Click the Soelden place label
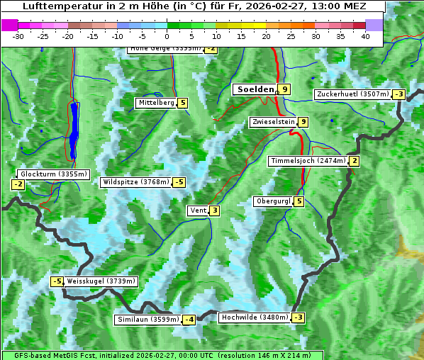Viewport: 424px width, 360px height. (254, 89)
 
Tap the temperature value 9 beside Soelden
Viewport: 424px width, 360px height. (284, 89)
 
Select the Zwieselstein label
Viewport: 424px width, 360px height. (273, 122)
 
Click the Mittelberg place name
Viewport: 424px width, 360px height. (156, 103)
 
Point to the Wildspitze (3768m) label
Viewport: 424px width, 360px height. (136, 182)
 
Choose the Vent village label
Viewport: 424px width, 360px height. (197, 210)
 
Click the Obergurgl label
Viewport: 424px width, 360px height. (273, 201)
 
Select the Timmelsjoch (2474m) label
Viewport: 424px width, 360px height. (308, 161)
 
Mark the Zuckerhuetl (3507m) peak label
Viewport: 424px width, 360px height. (352, 94)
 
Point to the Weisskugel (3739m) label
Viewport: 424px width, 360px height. (100, 281)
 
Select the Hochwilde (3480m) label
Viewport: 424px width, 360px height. (254, 317)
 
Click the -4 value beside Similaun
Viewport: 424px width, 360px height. (189, 320)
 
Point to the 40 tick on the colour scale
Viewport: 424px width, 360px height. (365, 36)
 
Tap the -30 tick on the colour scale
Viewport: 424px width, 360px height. (18, 36)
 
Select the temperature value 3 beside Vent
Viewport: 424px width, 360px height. (214, 210)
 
